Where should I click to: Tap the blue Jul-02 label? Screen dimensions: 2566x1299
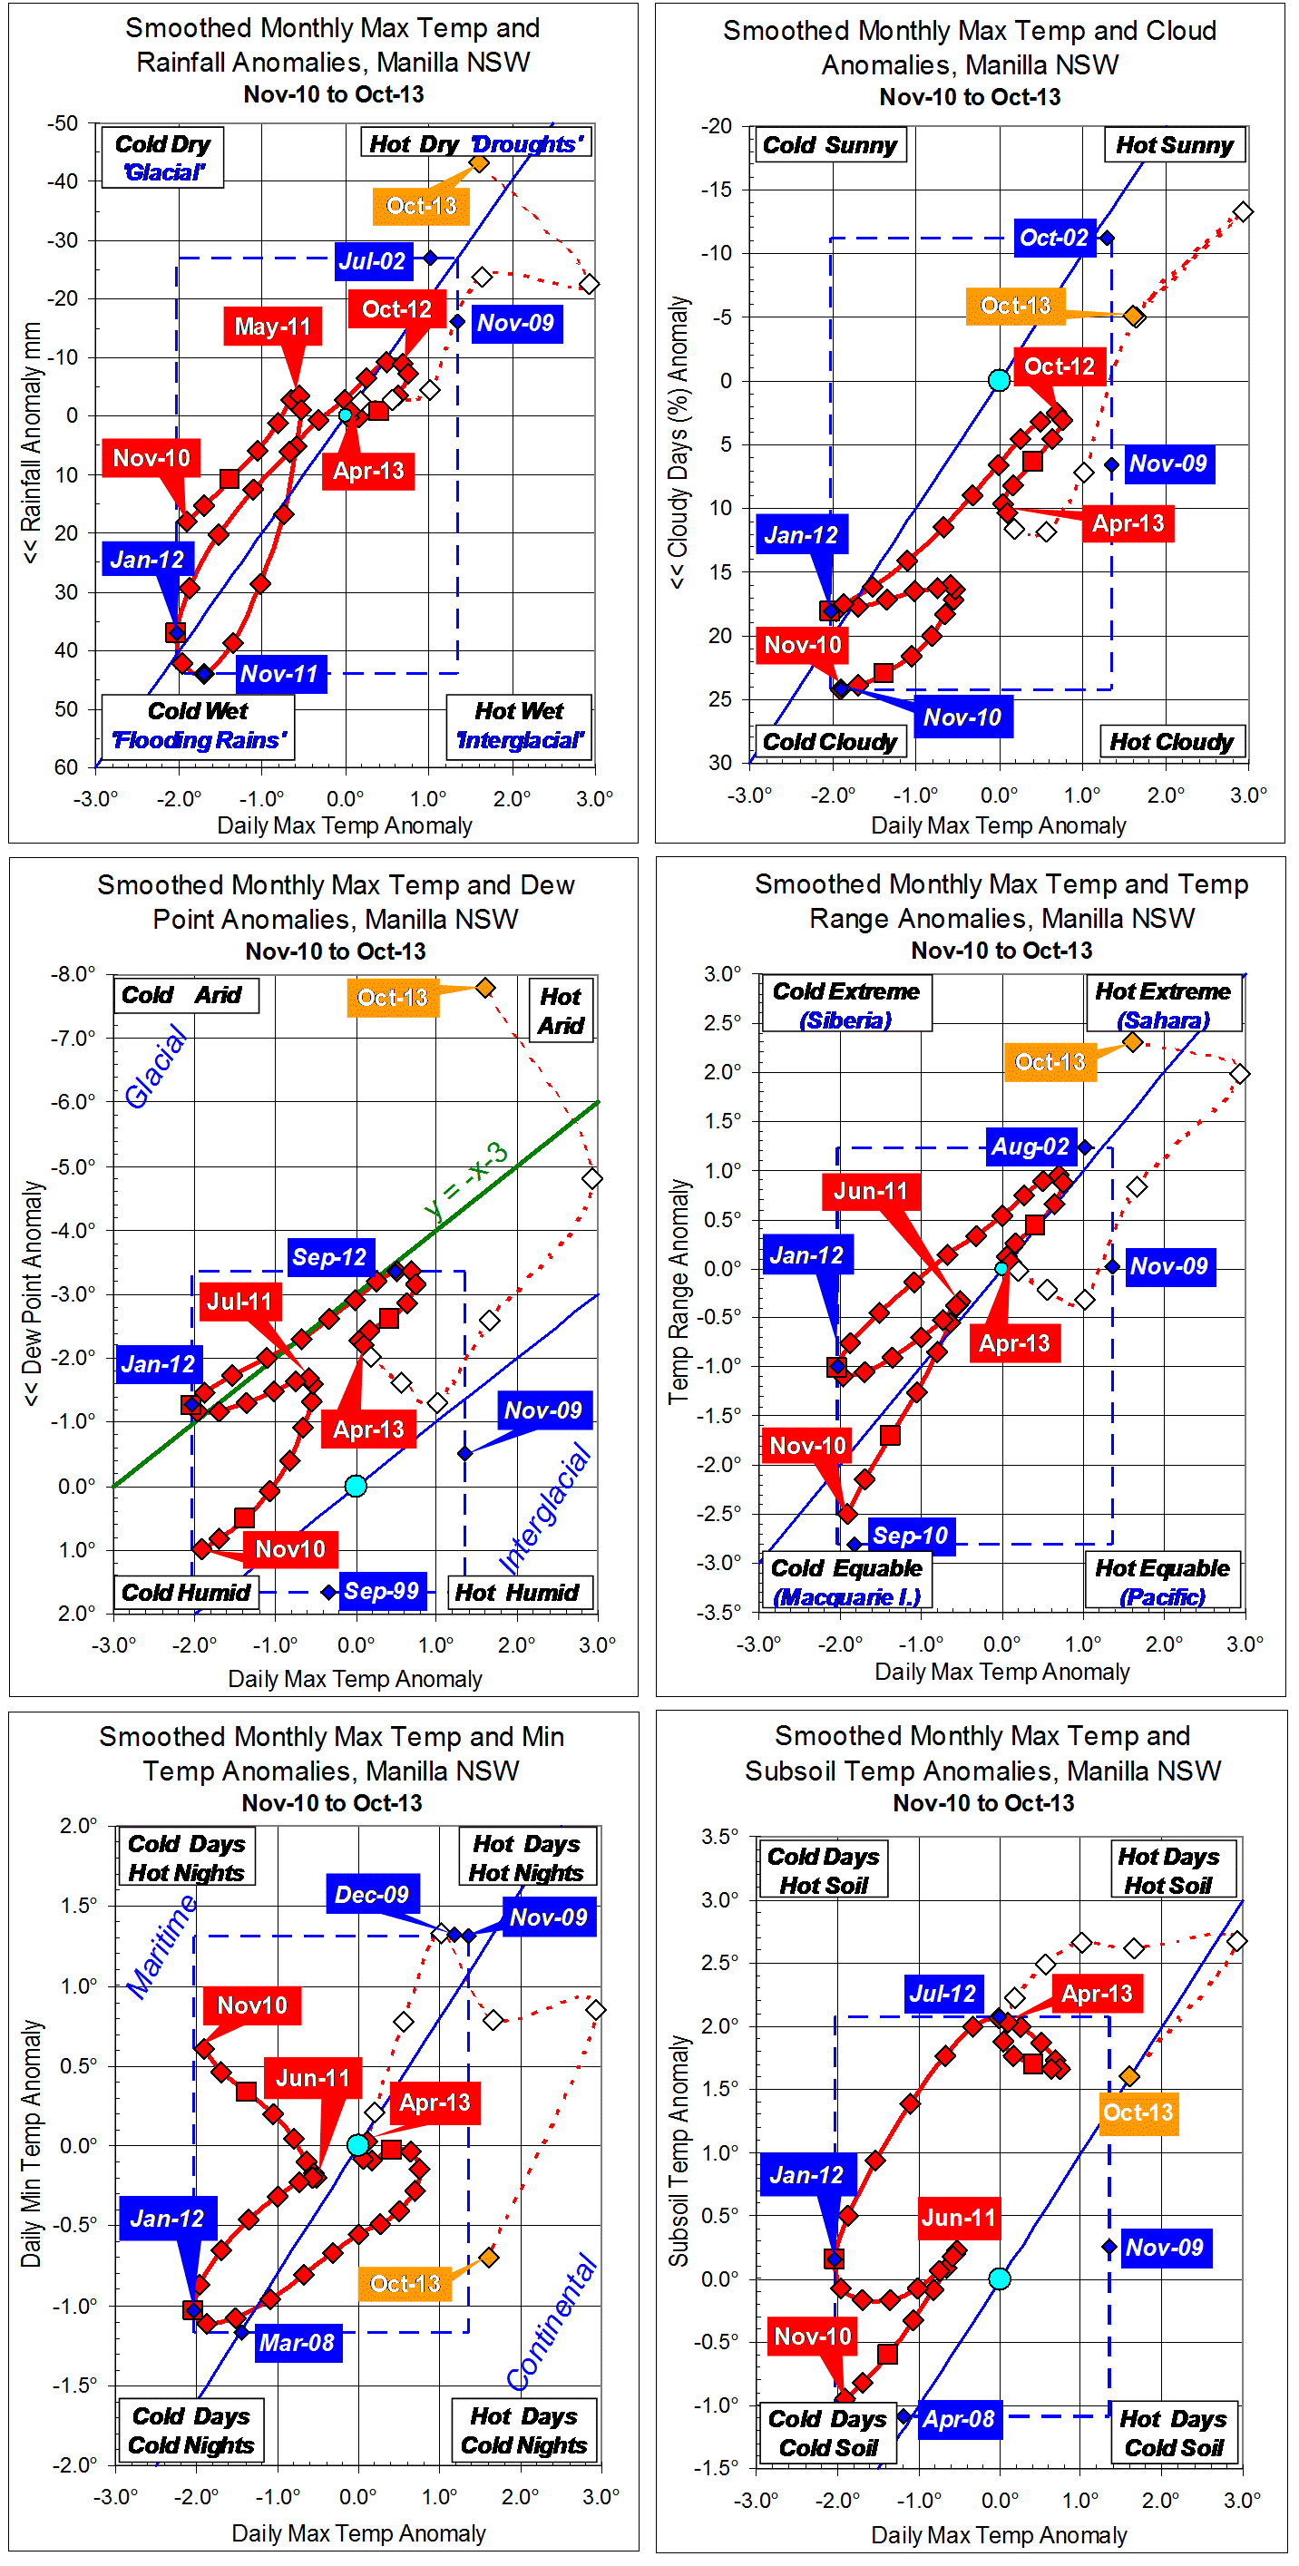point(371,261)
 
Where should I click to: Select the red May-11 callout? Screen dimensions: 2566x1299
point(272,326)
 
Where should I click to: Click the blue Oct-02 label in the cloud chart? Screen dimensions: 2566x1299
point(1053,238)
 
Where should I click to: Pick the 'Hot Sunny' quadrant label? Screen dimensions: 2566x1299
point(1174,145)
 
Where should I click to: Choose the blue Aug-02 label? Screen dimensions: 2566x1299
point(1029,1146)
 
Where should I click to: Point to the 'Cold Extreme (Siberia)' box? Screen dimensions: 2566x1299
point(845,1004)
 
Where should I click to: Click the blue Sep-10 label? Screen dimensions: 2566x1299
point(910,1535)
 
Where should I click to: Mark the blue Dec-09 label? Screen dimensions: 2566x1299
point(372,1894)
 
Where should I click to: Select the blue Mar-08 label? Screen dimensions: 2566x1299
point(296,2342)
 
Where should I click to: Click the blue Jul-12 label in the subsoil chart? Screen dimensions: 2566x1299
point(942,1994)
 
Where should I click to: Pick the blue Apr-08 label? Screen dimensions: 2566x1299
point(957,2418)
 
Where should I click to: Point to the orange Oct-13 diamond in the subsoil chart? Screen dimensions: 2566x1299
point(1128,2076)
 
